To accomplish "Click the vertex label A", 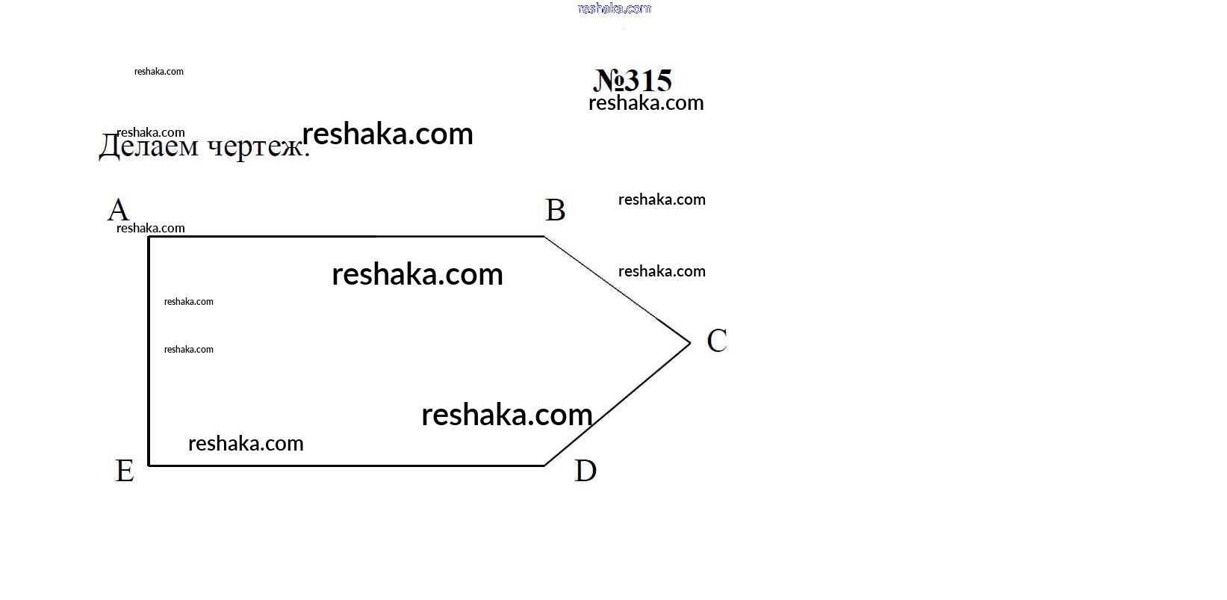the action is [x=118, y=210].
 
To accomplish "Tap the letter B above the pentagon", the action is [x=555, y=210].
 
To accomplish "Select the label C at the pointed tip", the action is [x=716, y=340].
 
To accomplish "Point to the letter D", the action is [x=585, y=471].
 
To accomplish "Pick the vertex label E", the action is [x=125, y=471].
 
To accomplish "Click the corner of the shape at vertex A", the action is [x=149, y=237].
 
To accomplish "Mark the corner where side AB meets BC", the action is [x=544, y=237].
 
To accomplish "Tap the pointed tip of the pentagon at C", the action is [x=689, y=343].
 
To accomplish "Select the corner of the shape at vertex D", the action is [x=544, y=466].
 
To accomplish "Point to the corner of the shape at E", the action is [x=149, y=466].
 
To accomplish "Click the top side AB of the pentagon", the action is [x=347, y=237].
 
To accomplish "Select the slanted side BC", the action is [x=617, y=290].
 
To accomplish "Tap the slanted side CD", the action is [x=617, y=404].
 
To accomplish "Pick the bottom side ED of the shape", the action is [x=347, y=466].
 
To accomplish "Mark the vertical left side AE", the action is [x=149, y=351].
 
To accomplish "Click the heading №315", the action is [x=633, y=81].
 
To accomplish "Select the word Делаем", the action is [x=149, y=146].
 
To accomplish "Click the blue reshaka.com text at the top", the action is [x=615, y=8].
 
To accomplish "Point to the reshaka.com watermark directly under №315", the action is [x=646, y=103].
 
